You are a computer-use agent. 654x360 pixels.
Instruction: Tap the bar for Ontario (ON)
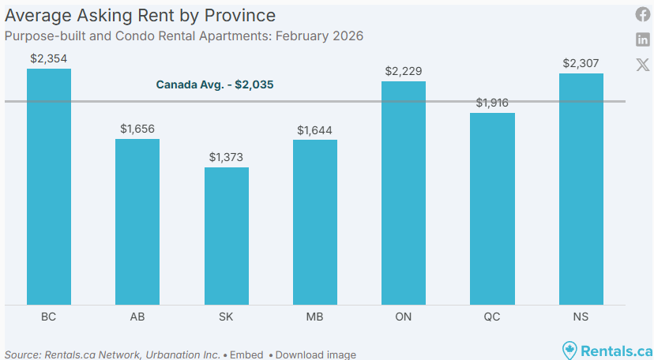click(404, 193)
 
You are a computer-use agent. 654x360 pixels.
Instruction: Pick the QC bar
click(492, 208)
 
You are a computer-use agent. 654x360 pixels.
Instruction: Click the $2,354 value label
click(49, 58)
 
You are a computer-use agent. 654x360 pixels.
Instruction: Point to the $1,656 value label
click(137, 128)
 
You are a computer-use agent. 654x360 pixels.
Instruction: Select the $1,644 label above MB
click(314, 129)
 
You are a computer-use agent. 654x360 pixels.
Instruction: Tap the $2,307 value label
click(581, 63)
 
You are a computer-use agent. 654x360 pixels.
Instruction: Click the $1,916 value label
click(492, 103)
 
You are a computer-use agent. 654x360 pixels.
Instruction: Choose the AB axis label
click(137, 317)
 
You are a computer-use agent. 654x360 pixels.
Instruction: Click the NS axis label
click(581, 317)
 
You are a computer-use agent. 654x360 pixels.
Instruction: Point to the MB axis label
click(314, 317)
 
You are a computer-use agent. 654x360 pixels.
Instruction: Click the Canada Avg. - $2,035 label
click(215, 84)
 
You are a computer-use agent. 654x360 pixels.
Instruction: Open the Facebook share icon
click(643, 15)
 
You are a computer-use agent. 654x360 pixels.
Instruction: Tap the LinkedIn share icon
click(643, 39)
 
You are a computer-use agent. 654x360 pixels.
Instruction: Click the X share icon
click(643, 65)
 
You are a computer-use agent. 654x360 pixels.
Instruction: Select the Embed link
click(246, 354)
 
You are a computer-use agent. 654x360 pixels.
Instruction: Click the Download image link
click(315, 354)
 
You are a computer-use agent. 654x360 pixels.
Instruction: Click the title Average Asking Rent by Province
click(141, 15)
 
